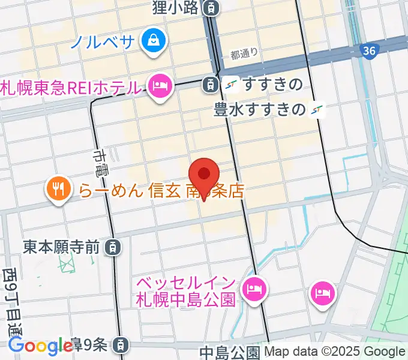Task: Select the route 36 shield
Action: point(370,52)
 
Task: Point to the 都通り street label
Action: point(244,55)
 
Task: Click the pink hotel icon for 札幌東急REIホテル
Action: point(160,87)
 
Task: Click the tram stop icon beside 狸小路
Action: point(211,8)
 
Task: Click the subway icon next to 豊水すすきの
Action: point(317,110)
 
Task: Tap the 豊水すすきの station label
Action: point(260,110)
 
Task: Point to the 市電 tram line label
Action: point(100,163)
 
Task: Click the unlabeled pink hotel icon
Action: point(323,293)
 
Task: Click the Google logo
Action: point(40,346)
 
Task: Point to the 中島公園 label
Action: point(230,352)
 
